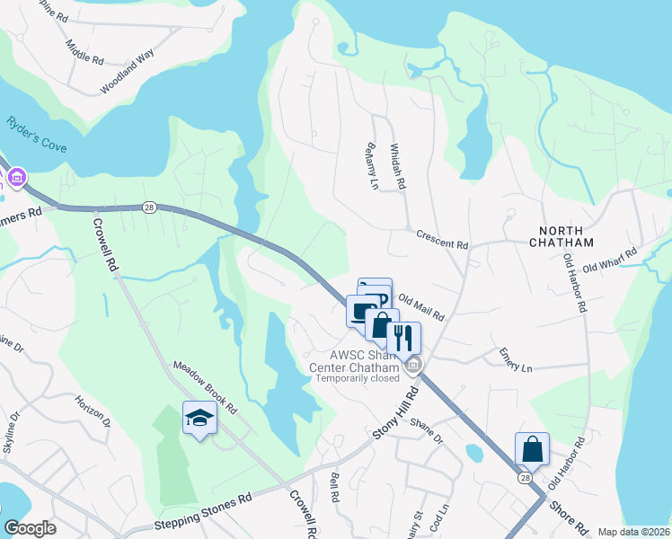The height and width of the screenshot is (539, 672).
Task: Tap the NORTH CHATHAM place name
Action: click(561, 236)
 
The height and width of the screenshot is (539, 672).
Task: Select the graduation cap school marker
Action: click(199, 418)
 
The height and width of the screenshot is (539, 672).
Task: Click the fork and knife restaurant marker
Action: click(403, 338)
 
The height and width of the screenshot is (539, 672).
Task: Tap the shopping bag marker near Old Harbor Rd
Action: click(531, 448)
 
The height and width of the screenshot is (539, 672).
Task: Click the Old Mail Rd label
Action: click(421, 308)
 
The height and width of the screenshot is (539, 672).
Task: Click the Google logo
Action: click(30, 528)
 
